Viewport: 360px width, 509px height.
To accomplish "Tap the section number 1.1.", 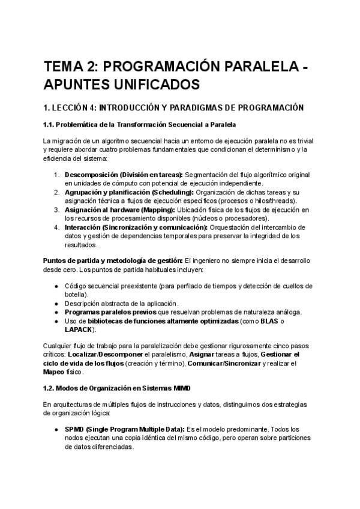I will (51, 124).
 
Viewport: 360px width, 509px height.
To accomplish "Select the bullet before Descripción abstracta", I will (56, 304).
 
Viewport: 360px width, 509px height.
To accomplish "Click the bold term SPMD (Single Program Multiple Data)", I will (125, 430).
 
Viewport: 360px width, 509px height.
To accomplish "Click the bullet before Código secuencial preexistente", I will (56, 286).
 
